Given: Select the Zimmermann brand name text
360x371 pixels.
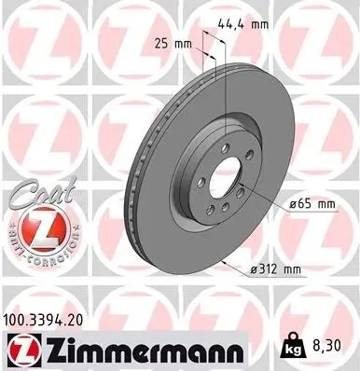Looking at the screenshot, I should pyautogui.click(x=141, y=350).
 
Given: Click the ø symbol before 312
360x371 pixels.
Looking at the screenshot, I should pyautogui.click(x=256, y=269).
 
